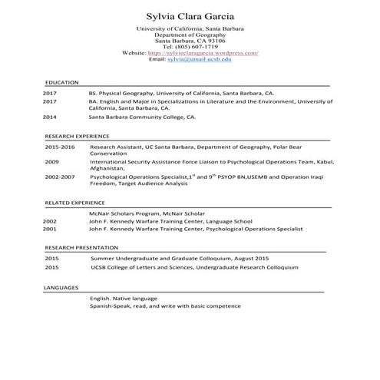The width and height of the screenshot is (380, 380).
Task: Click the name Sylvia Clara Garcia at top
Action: (x=190, y=17)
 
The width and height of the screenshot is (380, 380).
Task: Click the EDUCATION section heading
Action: (x=61, y=82)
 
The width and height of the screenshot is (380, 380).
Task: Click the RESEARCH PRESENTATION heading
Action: (x=81, y=248)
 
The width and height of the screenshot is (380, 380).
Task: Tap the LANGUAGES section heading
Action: (x=61, y=287)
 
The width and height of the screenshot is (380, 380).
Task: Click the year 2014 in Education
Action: (x=50, y=117)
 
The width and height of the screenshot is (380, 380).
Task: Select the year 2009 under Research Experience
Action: (x=51, y=162)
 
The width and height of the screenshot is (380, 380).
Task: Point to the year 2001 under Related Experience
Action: (x=50, y=229)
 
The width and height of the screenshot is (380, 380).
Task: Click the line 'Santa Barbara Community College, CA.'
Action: (x=142, y=117)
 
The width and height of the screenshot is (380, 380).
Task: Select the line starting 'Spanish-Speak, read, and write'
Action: (x=165, y=306)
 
